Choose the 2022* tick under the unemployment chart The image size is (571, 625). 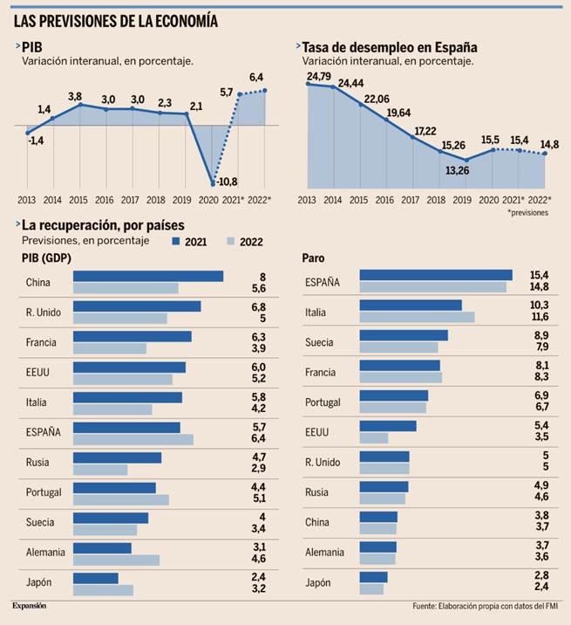pyautogui.click(x=540, y=200)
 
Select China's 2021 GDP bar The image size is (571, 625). pyautogui.click(x=148, y=276)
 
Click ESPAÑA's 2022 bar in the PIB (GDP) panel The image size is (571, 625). pyautogui.click(x=133, y=440)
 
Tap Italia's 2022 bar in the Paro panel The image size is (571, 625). pyautogui.click(x=417, y=317)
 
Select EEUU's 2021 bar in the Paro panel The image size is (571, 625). pyautogui.click(x=388, y=426)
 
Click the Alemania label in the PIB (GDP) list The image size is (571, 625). pyautogui.click(x=44, y=553)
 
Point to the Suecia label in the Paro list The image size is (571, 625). pyautogui.click(x=320, y=341)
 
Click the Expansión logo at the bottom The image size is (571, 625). pyautogui.click(x=29, y=605)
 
